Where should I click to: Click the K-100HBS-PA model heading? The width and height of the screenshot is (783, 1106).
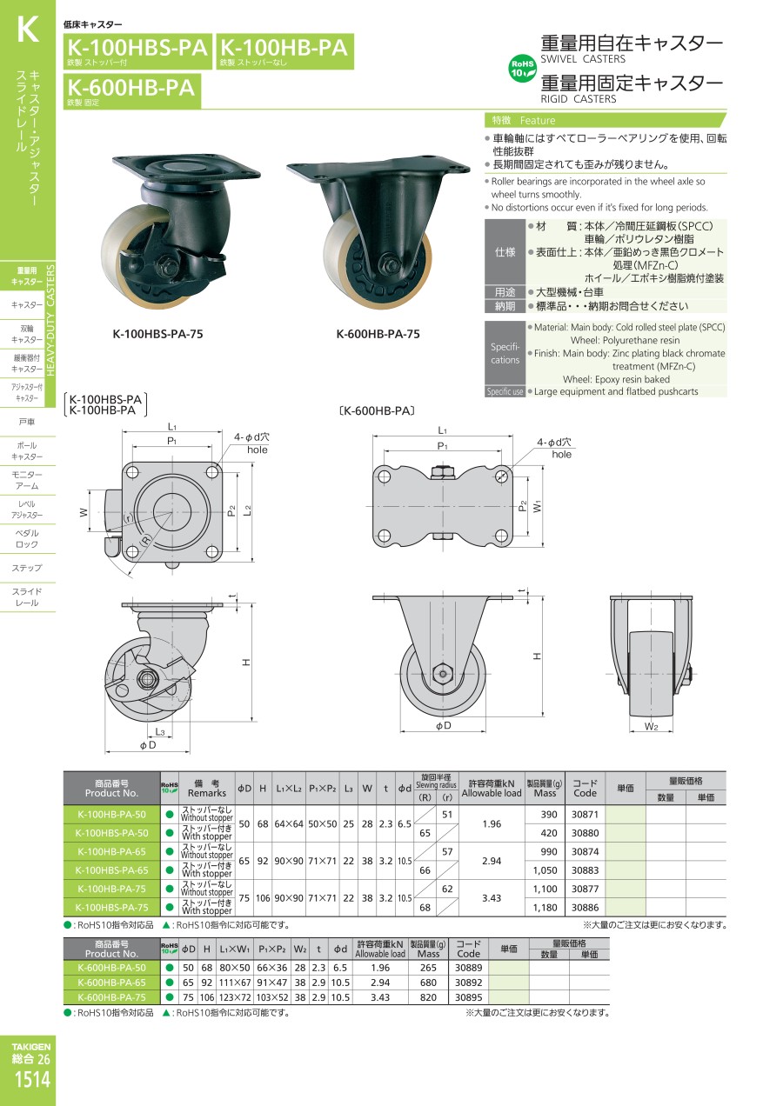click(x=137, y=48)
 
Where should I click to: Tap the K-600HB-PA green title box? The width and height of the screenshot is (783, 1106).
click(x=132, y=90)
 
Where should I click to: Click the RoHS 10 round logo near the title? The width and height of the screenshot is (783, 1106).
click(x=522, y=69)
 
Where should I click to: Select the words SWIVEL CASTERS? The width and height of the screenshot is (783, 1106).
click(x=582, y=59)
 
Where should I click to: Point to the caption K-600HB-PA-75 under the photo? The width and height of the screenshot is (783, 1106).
click(x=378, y=334)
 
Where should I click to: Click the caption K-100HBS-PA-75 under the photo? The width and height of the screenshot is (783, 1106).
click(x=158, y=334)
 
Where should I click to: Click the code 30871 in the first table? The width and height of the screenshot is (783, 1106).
click(x=585, y=814)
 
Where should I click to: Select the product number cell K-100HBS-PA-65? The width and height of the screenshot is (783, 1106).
click(x=111, y=870)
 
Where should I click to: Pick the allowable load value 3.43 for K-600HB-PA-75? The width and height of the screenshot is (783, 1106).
click(x=380, y=997)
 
